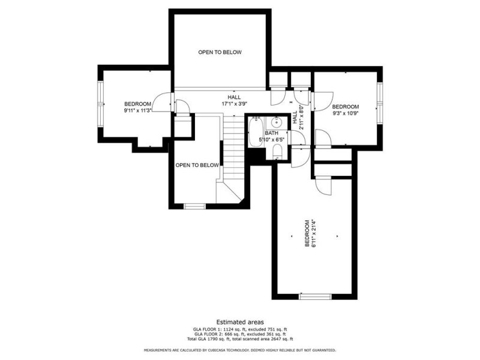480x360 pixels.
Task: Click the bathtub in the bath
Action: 254,133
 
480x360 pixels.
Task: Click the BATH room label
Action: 272,133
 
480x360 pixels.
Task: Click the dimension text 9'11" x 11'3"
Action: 137,110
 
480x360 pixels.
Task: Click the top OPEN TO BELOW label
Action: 220,52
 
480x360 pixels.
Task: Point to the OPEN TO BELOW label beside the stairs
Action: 197,165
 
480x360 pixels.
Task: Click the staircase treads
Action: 231,147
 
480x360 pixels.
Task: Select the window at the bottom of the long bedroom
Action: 315,296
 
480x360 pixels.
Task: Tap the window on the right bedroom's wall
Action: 379,102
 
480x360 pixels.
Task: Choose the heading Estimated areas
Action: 239,322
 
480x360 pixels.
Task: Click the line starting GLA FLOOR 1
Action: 239,329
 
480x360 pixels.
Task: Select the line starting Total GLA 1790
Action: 239,339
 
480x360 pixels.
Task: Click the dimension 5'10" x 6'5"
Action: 272,140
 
